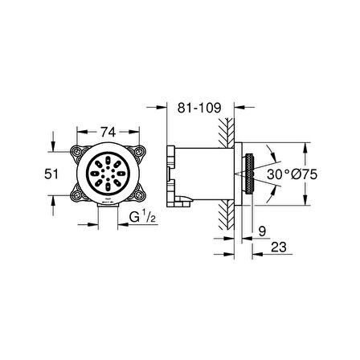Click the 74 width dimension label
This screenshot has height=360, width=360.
pos(108,132)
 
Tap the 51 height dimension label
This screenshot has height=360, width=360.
pos(51,174)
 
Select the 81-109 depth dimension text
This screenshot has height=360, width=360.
pos(199,108)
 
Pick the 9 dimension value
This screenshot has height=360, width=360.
pos(263,231)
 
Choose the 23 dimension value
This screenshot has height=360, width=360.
pos(279,247)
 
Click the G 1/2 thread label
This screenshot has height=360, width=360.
pos(142,216)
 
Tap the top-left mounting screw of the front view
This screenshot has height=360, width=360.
pos(76,152)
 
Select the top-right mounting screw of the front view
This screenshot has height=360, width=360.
pos(139,152)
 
